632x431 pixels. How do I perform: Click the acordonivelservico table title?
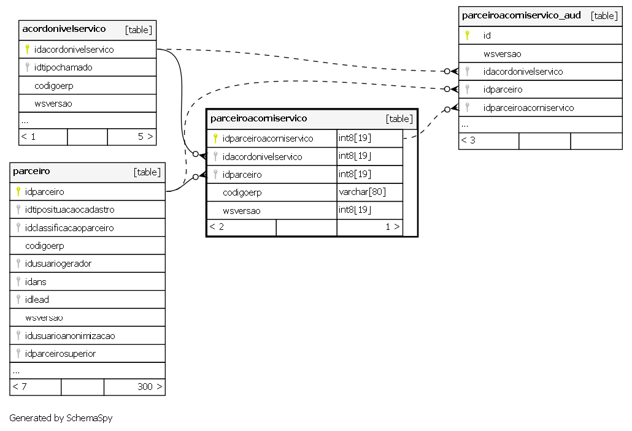(64, 29)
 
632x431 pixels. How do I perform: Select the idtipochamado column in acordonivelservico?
(63, 67)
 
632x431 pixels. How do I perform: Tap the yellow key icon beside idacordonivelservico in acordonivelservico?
(27, 49)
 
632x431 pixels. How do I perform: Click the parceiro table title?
(31, 171)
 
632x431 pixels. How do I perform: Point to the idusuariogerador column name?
(58, 264)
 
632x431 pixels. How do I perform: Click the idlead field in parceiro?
(37, 299)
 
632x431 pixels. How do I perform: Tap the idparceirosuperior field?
(61, 354)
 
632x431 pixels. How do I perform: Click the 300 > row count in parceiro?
(150, 387)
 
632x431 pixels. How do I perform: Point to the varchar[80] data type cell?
(363, 192)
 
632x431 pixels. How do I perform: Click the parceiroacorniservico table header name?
(259, 118)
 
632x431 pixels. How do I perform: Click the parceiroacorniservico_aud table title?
(521, 15)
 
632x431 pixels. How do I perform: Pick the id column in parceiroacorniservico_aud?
(487, 36)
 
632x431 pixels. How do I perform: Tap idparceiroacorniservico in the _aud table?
(528, 107)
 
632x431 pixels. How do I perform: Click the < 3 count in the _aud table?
(468, 140)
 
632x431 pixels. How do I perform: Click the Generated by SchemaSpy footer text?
(61, 418)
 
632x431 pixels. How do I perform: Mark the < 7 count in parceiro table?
(20, 387)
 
